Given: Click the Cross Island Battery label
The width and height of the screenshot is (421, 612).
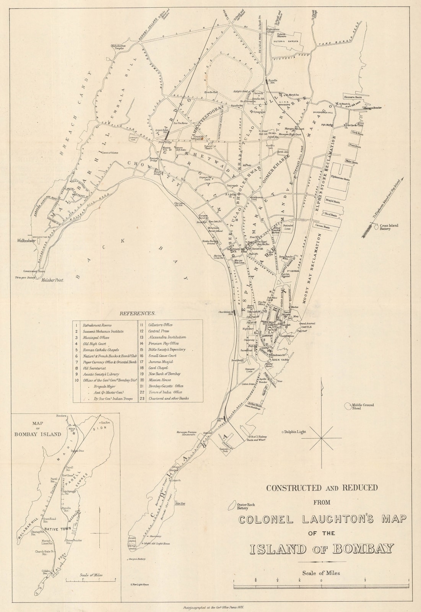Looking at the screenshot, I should (x=389, y=228).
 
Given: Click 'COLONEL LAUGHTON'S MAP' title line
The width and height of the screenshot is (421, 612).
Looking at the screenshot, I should (x=322, y=519).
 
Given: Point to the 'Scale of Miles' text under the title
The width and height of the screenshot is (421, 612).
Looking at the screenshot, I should (x=320, y=573).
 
